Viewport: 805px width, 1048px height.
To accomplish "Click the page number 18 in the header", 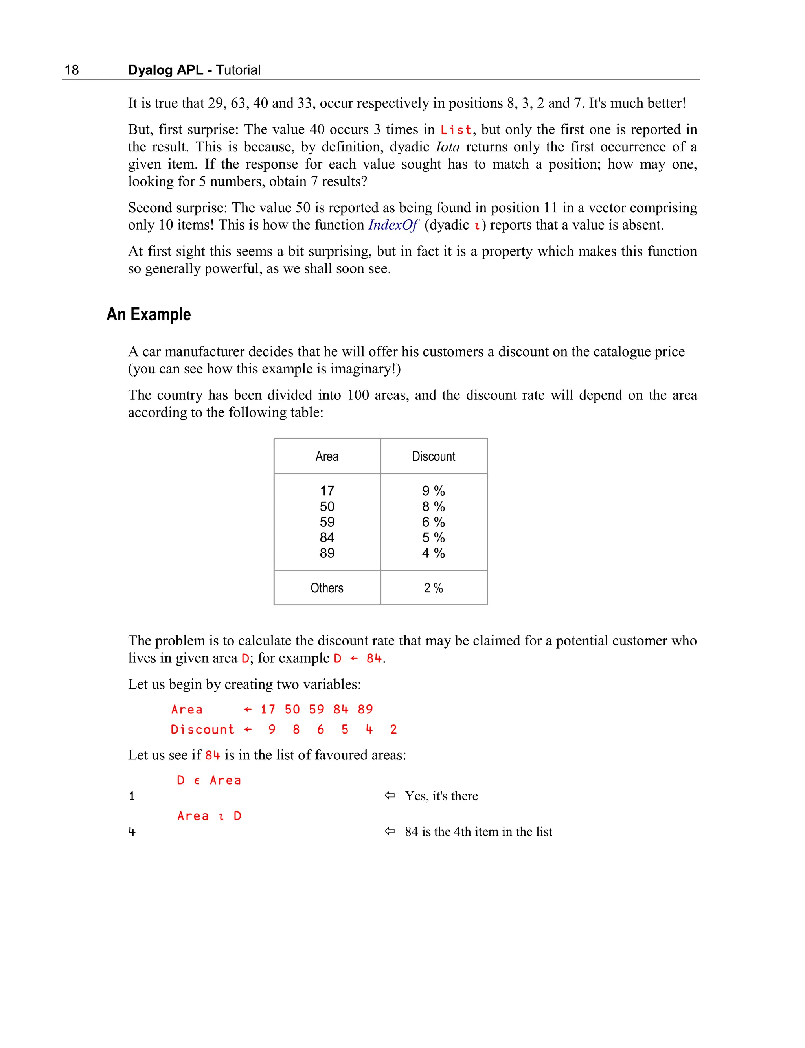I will click(x=72, y=70).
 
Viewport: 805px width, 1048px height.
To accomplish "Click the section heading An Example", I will click(x=149, y=314).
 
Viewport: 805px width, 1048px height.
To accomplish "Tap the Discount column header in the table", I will click(x=433, y=456).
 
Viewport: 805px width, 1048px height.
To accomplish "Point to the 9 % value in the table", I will click(x=433, y=491).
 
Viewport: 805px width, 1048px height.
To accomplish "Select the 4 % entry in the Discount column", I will click(x=433, y=553).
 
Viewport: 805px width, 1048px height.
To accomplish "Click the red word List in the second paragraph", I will click(x=456, y=130).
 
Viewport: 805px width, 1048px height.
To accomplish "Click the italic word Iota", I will click(x=448, y=147).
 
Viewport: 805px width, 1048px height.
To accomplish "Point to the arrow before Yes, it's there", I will click(x=390, y=796).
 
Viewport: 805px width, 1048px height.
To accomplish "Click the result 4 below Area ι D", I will click(x=132, y=832).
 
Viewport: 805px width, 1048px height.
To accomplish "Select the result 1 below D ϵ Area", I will click(x=132, y=796).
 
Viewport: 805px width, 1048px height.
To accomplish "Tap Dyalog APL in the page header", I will click(x=165, y=70).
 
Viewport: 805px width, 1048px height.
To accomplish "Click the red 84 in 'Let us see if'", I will click(x=212, y=755).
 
